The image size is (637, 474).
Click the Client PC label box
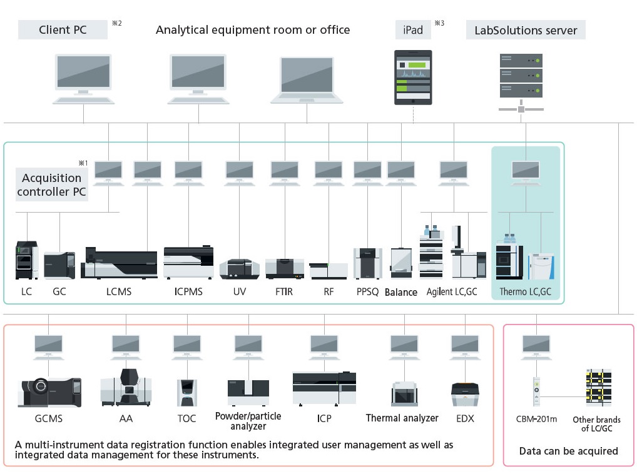click(x=63, y=29)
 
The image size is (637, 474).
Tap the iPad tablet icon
click(x=412, y=77)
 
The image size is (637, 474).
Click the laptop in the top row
click(x=307, y=79)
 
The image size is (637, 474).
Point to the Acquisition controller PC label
click(x=51, y=185)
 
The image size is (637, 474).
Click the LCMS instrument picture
click(x=119, y=263)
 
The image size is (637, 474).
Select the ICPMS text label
click(x=188, y=291)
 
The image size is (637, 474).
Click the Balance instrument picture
click(x=400, y=263)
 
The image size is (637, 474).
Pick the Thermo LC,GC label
click(x=526, y=291)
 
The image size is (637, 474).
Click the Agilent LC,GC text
click(x=452, y=291)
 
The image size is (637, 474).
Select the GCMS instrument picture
click(x=49, y=392)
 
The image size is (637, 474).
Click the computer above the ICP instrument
click(x=324, y=346)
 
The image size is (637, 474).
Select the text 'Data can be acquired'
click(x=568, y=451)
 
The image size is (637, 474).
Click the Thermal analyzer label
click(x=402, y=418)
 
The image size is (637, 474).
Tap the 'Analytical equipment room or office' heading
click(x=253, y=29)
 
